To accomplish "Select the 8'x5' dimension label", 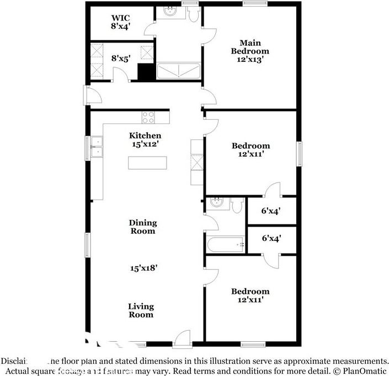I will coord(120,57).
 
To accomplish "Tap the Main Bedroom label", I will coord(250,47).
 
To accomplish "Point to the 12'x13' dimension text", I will coord(250,60).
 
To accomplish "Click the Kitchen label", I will coord(145,136).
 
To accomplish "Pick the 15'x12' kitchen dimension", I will coord(145,144).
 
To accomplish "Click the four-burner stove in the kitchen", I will coord(148,117).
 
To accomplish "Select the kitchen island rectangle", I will coord(147,163).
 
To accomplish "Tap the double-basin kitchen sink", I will coord(97,147).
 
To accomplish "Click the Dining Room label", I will coord(143,227).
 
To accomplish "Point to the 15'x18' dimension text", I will coord(144,268).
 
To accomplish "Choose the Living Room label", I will coord(141,310).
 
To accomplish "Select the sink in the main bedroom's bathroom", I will coord(169,12).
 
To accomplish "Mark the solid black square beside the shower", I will coord(146,72).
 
